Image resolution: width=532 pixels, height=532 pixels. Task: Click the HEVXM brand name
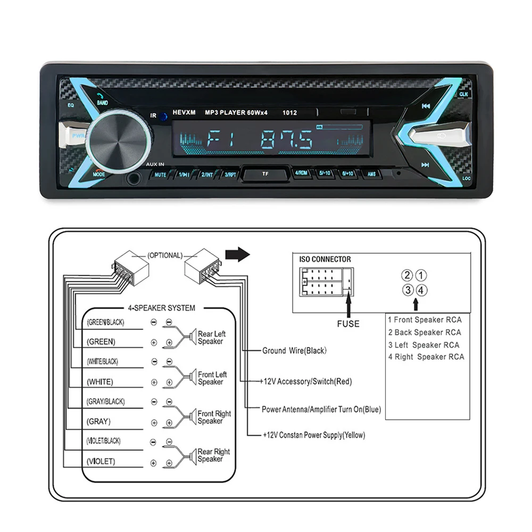coord(185,113)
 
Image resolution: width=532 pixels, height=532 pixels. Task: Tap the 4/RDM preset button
coord(302,173)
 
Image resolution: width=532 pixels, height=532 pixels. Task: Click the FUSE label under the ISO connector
coord(348,323)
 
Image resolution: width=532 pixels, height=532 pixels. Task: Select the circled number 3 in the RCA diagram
coord(408,290)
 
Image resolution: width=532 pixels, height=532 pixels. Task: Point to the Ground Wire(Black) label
coord(294,351)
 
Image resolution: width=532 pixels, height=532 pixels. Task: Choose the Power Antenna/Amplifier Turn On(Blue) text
coord(321,410)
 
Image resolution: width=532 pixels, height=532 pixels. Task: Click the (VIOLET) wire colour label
coord(101,461)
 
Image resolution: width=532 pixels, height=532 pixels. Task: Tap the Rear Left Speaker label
coord(211,338)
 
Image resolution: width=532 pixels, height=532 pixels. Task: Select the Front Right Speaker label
coord(214,418)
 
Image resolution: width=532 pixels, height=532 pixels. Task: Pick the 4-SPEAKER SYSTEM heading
coord(161,307)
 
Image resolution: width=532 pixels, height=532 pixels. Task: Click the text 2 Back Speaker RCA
coord(423,332)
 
